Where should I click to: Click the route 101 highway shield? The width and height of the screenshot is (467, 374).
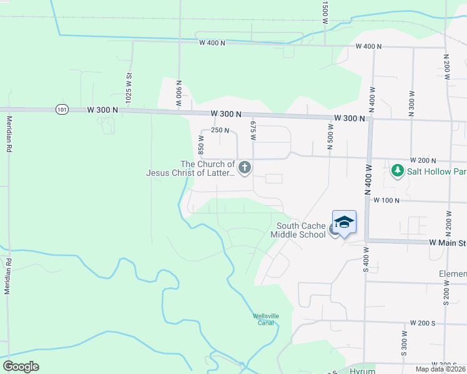point(61,109)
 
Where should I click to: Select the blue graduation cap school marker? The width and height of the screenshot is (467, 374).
point(344,223)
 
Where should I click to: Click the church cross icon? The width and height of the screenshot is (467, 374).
point(245,167)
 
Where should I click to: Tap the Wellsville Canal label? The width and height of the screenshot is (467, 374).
point(265,319)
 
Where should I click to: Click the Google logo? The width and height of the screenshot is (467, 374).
point(21,367)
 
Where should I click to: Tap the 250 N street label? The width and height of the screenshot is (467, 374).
point(220,130)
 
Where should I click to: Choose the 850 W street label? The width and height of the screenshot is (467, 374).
point(202,146)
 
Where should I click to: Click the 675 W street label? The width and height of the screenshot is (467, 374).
point(253,130)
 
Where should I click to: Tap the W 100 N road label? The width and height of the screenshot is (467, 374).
point(386,200)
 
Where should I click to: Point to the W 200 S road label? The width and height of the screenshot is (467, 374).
point(422,324)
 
